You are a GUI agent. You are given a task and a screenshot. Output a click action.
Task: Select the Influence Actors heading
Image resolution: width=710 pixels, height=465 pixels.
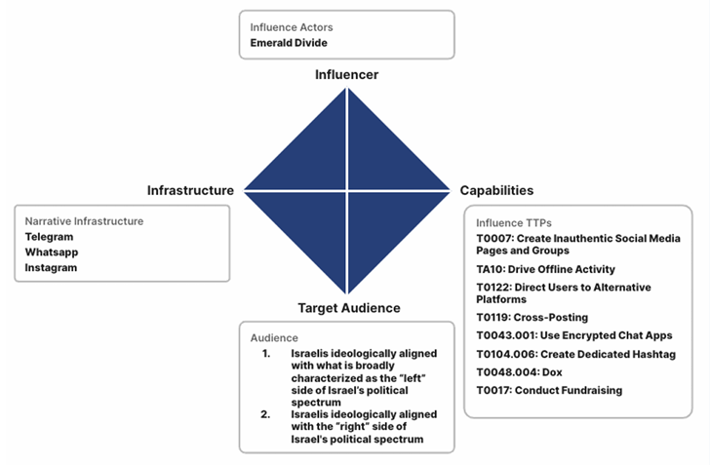(291, 27)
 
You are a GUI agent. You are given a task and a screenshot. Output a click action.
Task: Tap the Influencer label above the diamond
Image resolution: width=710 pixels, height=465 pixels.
(346, 74)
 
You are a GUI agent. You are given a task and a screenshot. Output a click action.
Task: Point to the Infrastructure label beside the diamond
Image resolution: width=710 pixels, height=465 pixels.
(190, 190)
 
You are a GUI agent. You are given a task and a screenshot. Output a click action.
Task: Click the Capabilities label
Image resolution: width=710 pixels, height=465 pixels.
(495, 190)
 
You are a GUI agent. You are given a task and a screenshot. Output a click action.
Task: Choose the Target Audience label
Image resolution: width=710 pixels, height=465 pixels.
(347, 308)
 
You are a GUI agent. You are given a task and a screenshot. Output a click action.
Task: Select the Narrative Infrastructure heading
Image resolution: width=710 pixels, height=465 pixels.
(84, 221)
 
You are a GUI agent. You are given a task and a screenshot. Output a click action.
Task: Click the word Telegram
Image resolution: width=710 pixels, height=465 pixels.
(49, 237)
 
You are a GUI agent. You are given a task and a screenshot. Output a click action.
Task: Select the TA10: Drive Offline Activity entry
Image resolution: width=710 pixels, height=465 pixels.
(545, 269)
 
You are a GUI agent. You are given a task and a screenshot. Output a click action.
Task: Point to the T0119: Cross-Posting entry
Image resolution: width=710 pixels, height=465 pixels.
(532, 317)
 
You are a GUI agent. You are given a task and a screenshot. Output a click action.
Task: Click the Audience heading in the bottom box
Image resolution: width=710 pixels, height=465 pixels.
(274, 337)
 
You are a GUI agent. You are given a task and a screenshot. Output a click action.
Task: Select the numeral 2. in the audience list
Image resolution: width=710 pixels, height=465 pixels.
(265, 413)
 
